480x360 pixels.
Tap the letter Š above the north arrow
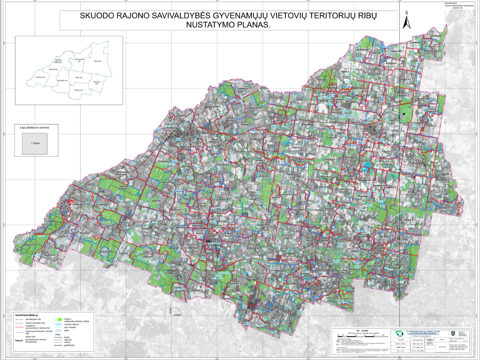click(x=406, y=13)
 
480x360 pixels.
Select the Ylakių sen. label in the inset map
click(x=97, y=61)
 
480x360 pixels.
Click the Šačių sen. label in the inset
click(x=79, y=77)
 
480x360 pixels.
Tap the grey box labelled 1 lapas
click(x=34, y=144)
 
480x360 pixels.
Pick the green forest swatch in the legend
click(x=58, y=320)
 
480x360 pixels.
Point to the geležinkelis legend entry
click(x=70, y=345)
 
